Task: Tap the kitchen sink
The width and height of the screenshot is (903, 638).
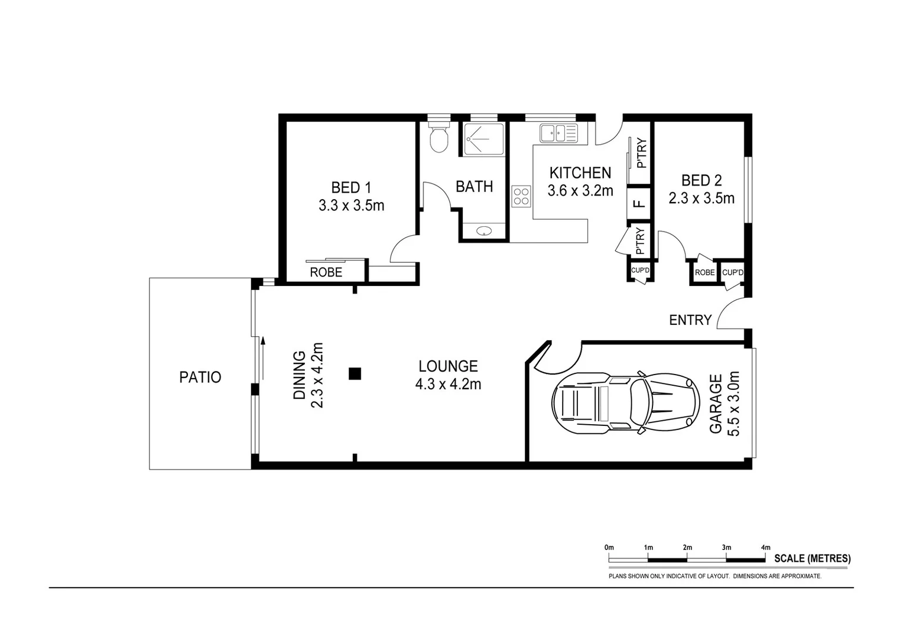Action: [x=558, y=134]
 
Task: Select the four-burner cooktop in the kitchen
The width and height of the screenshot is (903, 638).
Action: [x=521, y=196]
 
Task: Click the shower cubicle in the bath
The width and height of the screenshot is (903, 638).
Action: [x=483, y=139]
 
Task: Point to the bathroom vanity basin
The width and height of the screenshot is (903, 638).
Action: [x=483, y=232]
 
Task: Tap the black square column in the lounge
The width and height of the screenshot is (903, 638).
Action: [x=355, y=373]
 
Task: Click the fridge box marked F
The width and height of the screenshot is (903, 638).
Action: [x=638, y=204]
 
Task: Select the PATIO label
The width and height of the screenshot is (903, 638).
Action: [x=200, y=377]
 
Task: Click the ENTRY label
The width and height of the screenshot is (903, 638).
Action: [x=690, y=320]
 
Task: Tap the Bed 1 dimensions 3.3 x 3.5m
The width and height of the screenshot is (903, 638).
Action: [x=351, y=206]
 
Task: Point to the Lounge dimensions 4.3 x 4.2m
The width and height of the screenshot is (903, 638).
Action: [x=448, y=385]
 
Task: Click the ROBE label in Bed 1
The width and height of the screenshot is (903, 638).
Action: [x=326, y=272]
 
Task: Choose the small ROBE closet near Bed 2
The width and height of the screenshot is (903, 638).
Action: [x=704, y=273]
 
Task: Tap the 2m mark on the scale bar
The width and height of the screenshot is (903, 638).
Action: [x=687, y=548]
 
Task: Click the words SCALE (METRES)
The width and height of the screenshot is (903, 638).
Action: [x=812, y=558]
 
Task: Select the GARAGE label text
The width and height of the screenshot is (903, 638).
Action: [x=715, y=403]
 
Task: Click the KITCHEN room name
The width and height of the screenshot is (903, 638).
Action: [x=580, y=172]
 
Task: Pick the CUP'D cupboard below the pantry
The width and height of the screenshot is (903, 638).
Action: [x=640, y=271]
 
